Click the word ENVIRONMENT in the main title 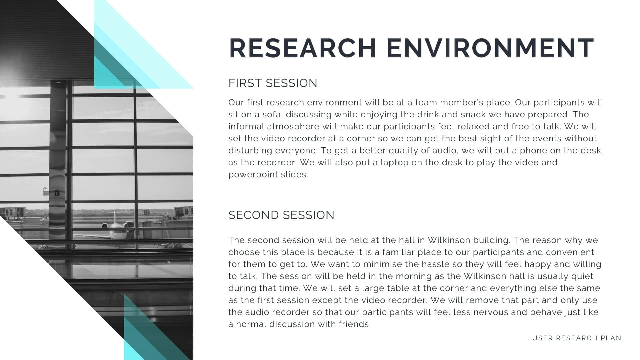[490, 48]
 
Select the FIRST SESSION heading [273, 83]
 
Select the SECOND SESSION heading [281, 215]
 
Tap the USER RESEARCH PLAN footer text [577, 338]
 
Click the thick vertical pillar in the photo [58, 160]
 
